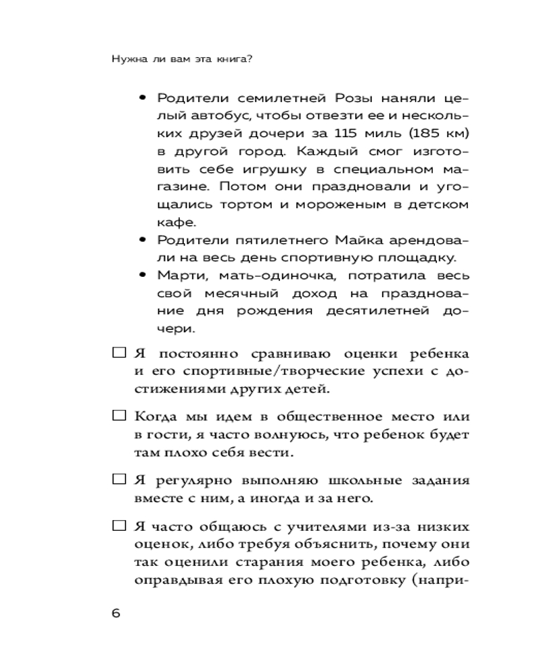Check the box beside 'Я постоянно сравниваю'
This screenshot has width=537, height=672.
(118, 353)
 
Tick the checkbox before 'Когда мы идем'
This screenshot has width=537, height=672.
(118, 417)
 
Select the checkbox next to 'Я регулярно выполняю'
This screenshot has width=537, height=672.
(118, 480)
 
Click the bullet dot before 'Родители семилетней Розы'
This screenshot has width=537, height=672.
(142, 98)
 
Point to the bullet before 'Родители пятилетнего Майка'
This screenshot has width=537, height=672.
(142, 239)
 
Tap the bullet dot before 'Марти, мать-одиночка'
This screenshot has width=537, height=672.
(142, 275)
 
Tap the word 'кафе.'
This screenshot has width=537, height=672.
(174, 222)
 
